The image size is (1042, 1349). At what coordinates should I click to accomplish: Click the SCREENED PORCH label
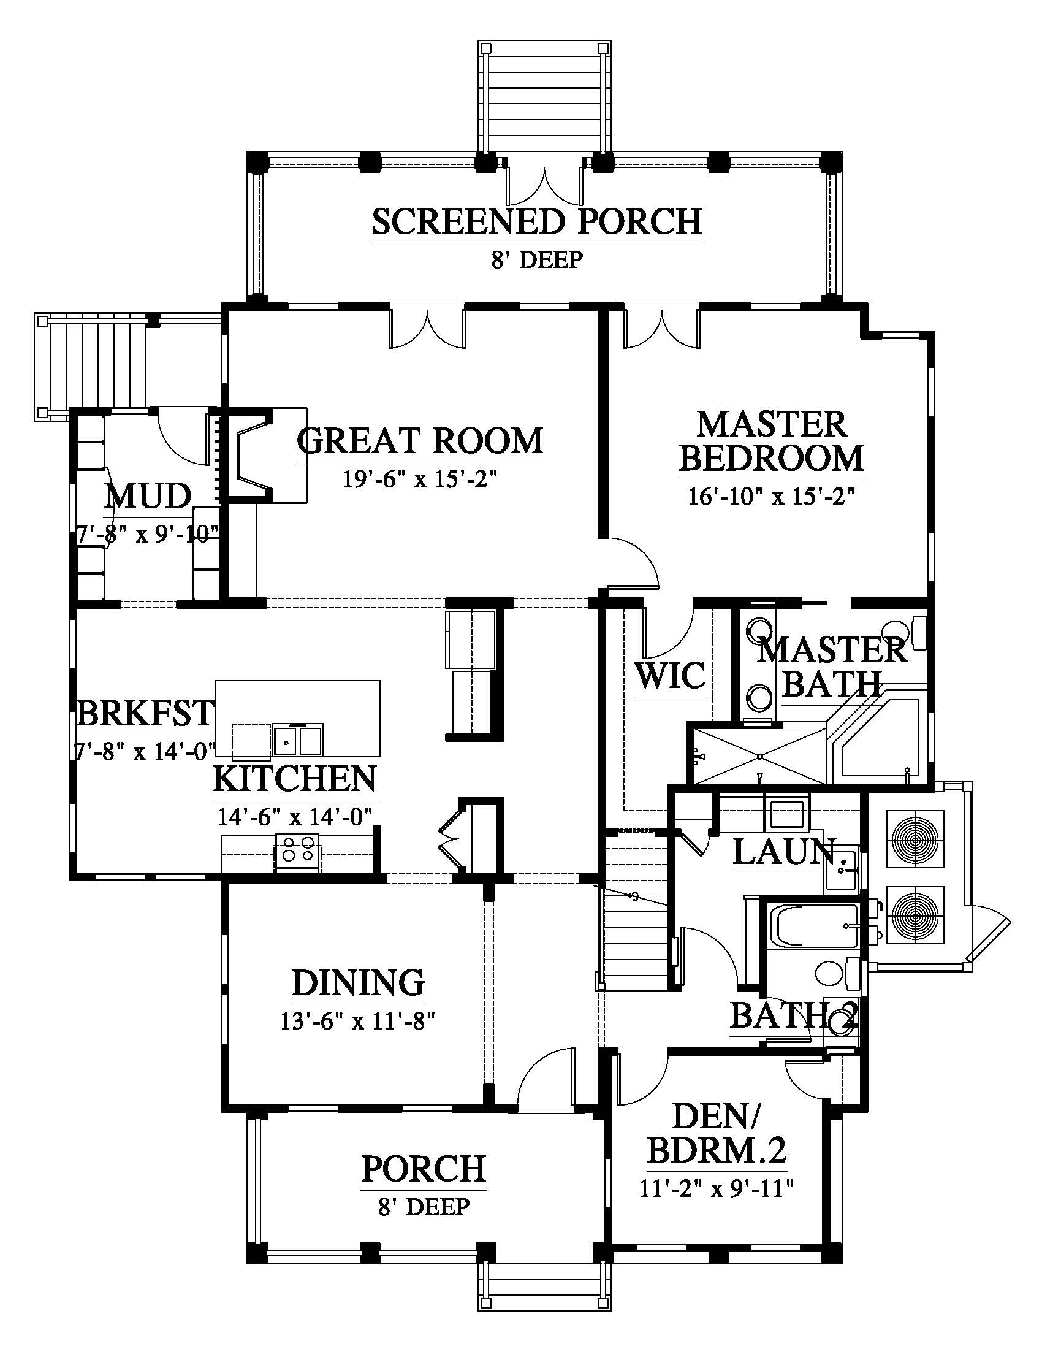(536, 223)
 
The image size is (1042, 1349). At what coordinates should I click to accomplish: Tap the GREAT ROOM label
(420, 440)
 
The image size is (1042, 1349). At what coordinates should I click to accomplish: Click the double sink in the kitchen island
(299, 739)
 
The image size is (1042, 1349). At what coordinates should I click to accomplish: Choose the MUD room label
(148, 497)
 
